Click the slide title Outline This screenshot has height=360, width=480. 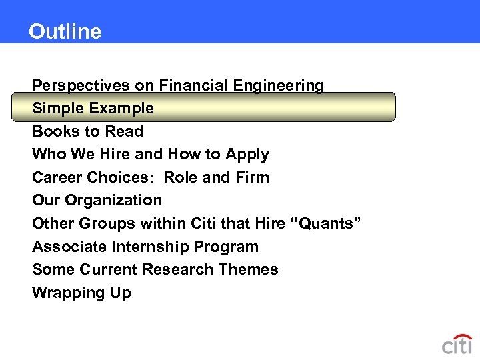click(x=65, y=31)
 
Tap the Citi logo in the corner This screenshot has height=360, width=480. click(x=457, y=344)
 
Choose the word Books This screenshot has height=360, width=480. click(x=53, y=131)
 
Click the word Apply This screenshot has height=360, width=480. click(x=247, y=154)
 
